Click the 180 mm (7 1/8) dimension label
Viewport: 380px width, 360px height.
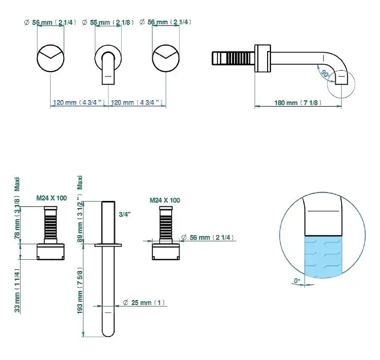coord(298,103)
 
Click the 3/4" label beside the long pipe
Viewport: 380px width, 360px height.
coord(125,214)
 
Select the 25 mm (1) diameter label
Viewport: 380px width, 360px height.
coord(144,303)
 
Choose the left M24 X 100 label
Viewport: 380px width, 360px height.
coord(52,198)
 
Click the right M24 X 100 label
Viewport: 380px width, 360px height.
coord(164,200)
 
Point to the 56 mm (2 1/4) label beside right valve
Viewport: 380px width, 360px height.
coord(208,237)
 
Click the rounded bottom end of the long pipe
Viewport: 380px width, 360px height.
coord(108,332)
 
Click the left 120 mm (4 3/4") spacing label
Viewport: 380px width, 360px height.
coord(79,103)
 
